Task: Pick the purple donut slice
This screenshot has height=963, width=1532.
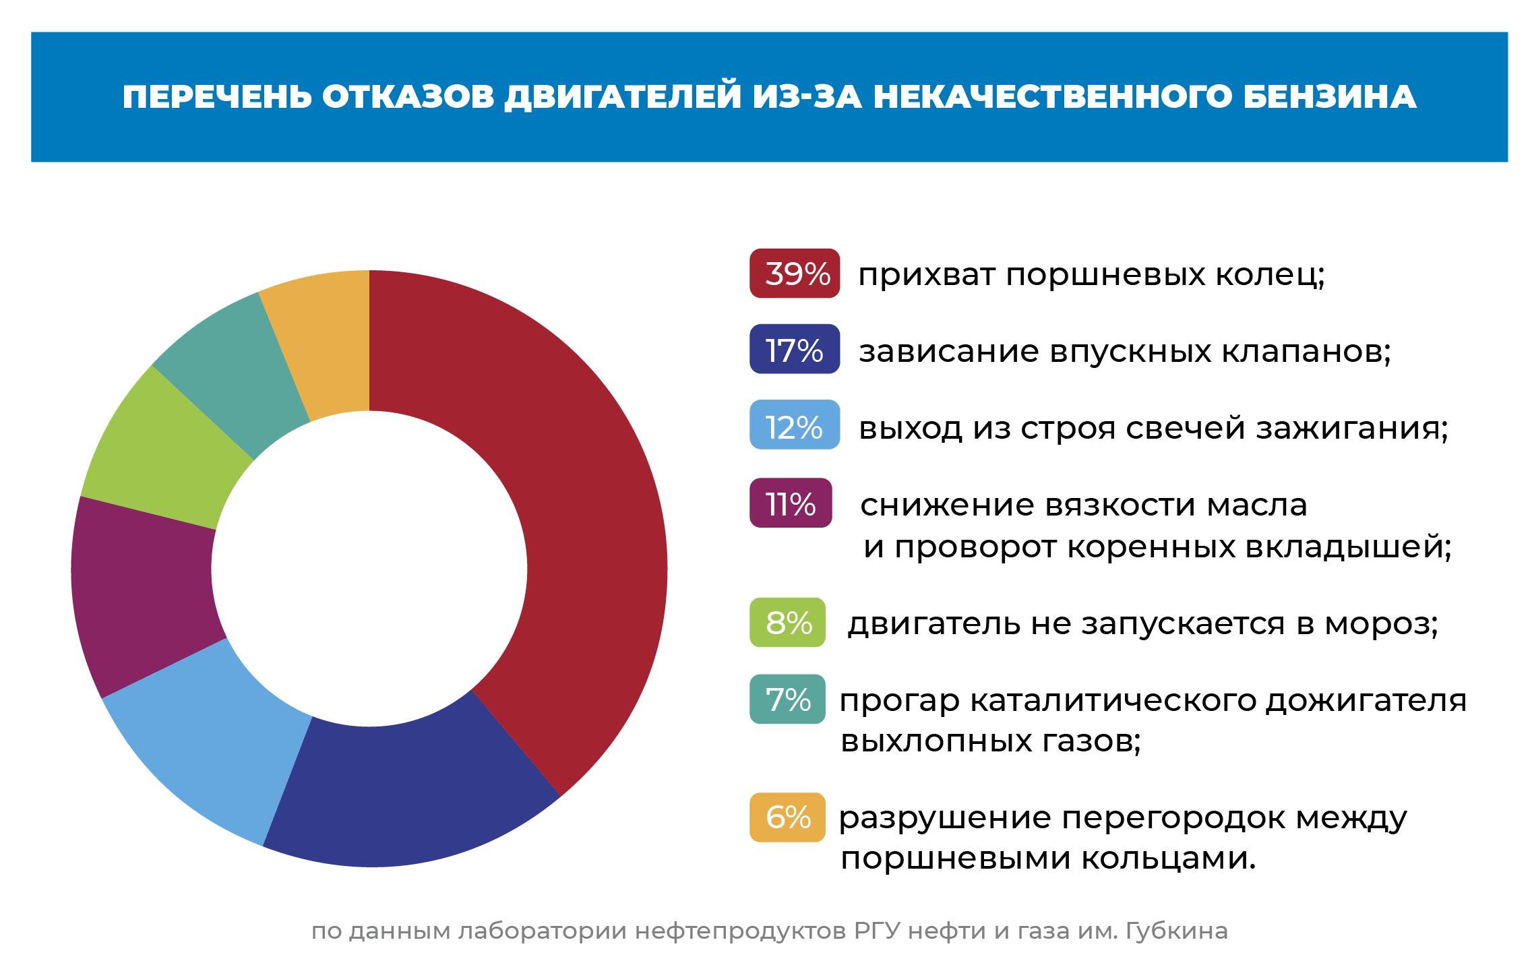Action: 142,593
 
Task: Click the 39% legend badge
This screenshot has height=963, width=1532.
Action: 795,274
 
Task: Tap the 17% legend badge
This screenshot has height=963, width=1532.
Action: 795,349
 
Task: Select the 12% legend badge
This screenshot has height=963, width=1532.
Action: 795,425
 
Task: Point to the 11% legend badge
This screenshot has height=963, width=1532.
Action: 791,503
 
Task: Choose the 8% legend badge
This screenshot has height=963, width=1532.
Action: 787,623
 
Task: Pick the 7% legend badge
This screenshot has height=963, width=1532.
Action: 787,700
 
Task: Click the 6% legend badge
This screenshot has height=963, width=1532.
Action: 787,817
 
